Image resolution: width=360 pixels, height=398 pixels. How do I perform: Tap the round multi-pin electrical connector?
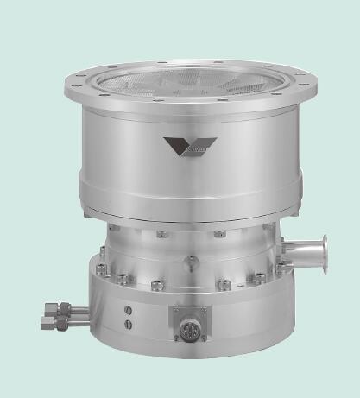coord(187,327)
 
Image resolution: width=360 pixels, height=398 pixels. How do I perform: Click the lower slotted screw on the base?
coord(128,325)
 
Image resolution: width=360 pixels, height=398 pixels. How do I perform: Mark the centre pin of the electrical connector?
coord(187,328)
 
